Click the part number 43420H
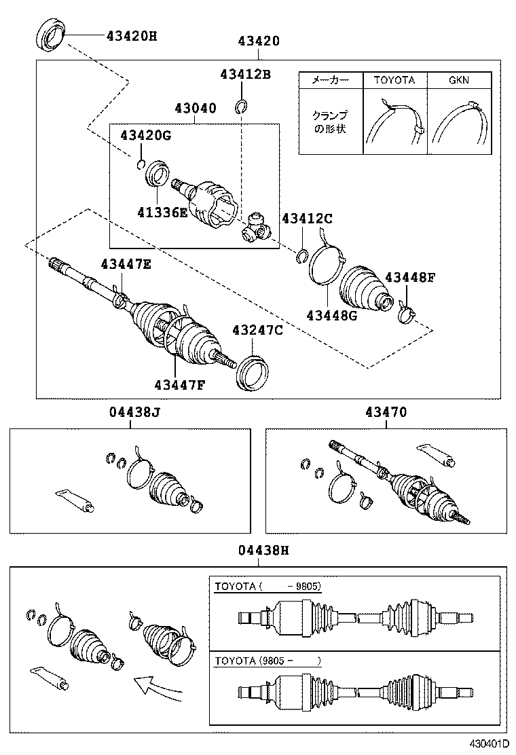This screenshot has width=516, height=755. [x=131, y=35]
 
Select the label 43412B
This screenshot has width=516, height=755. [x=244, y=74]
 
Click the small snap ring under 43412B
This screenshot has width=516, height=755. [x=241, y=105]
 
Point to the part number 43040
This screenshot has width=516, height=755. [x=195, y=109]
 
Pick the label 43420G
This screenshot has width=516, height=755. [x=145, y=135]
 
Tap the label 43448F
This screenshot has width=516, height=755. [x=410, y=278]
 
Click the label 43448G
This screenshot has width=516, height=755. [x=331, y=315]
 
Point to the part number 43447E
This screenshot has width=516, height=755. [x=126, y=264]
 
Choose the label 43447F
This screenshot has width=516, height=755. [x=179, y=385]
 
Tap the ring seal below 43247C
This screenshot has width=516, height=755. [x=254, y=372]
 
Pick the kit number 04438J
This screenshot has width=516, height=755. [x=134, y=412]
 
